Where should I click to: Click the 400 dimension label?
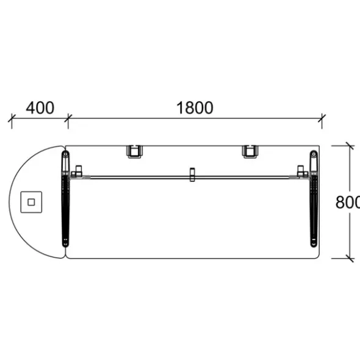click(x=40, y=107)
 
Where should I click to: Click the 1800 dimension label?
click(x=195, y=107)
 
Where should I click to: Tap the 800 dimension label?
click(x=348, y=202)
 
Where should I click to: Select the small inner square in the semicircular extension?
click(x=31, y=202)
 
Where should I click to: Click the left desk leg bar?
click(x=66, y=199)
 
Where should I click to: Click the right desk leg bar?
click(x=314, y=199)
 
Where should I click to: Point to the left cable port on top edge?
click(x=134, y=151)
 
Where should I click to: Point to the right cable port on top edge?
click(x=250, y=151)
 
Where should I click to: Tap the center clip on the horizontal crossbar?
click(x=192, y=175)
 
